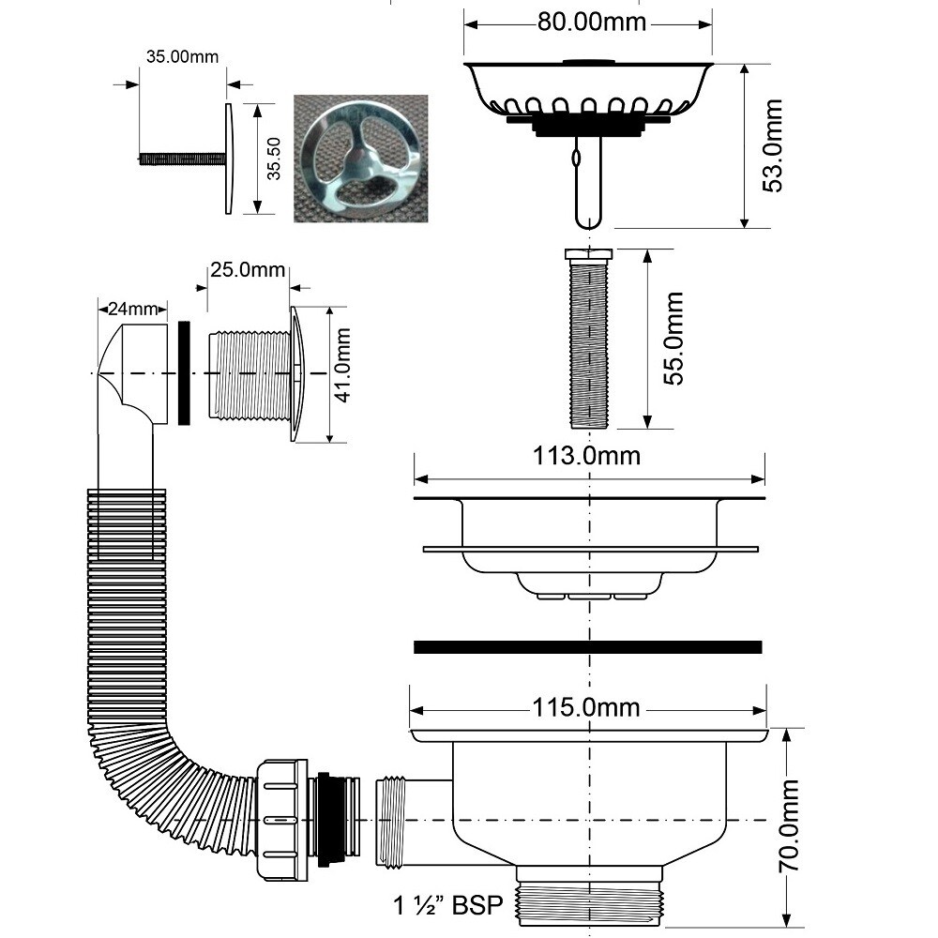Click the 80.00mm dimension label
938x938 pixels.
592,22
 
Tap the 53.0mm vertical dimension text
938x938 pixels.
772,146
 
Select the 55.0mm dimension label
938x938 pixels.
673,339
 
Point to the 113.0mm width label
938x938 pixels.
588,456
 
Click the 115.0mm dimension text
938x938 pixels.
588,706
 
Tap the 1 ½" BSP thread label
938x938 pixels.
448,906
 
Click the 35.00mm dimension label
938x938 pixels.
182,56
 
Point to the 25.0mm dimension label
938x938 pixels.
248,270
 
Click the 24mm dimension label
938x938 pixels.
132,307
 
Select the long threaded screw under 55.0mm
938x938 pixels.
589,340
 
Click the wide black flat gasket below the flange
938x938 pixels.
587,646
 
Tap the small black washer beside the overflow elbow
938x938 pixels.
184,372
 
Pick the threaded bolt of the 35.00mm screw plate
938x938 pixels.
181,159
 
